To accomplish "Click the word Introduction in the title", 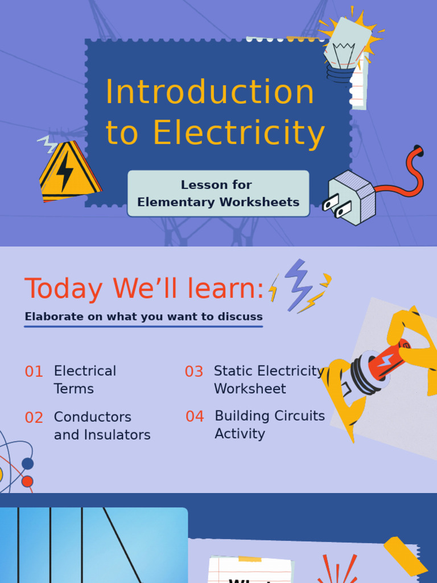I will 209,92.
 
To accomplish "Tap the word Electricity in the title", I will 239,133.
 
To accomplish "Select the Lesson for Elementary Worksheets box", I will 218,194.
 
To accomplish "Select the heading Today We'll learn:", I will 145,289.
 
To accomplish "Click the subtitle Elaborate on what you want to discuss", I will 143,317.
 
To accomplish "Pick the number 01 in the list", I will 34,372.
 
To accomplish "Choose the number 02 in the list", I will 34,418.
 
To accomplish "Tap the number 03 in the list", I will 194,372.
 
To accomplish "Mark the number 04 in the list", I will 195,417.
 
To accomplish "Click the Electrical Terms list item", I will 85,380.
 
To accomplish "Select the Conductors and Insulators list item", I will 102,426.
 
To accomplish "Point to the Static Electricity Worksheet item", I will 269,380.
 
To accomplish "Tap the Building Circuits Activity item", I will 269,425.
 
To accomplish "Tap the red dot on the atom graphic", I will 27,482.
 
